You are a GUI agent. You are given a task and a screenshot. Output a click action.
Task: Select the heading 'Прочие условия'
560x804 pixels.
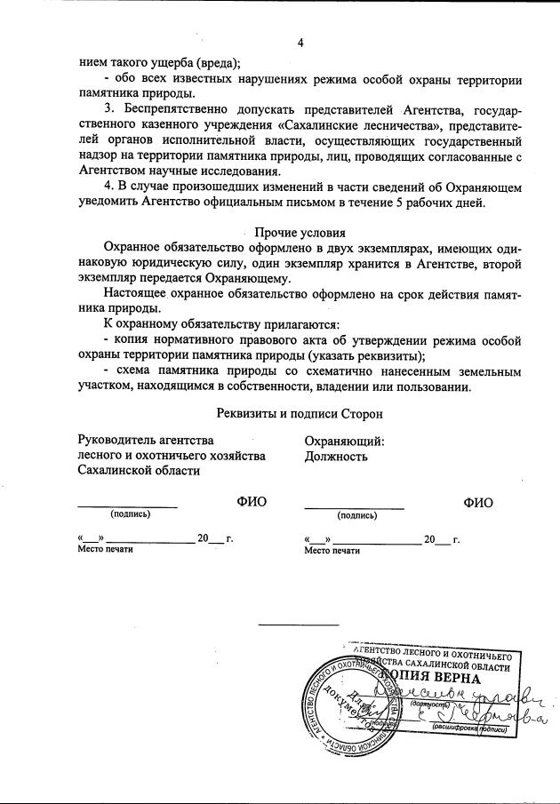[300, 232]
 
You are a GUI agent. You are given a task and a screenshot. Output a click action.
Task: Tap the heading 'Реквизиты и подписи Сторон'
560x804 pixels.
[300, 412]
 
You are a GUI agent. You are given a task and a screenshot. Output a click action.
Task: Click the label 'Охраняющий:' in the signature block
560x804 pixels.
[344, 440]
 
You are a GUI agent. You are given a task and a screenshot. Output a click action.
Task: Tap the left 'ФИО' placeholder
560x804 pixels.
[252, 502]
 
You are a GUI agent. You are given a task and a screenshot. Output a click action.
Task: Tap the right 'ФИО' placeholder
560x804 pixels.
[478, 502]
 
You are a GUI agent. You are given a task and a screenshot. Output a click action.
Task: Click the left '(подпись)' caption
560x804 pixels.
[130, 514]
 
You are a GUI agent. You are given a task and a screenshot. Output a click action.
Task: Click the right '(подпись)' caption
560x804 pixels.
[356, 514]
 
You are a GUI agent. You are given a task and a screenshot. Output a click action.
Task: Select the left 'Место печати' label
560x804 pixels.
[105, 551]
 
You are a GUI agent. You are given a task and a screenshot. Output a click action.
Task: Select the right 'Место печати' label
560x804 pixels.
[332, 551]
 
